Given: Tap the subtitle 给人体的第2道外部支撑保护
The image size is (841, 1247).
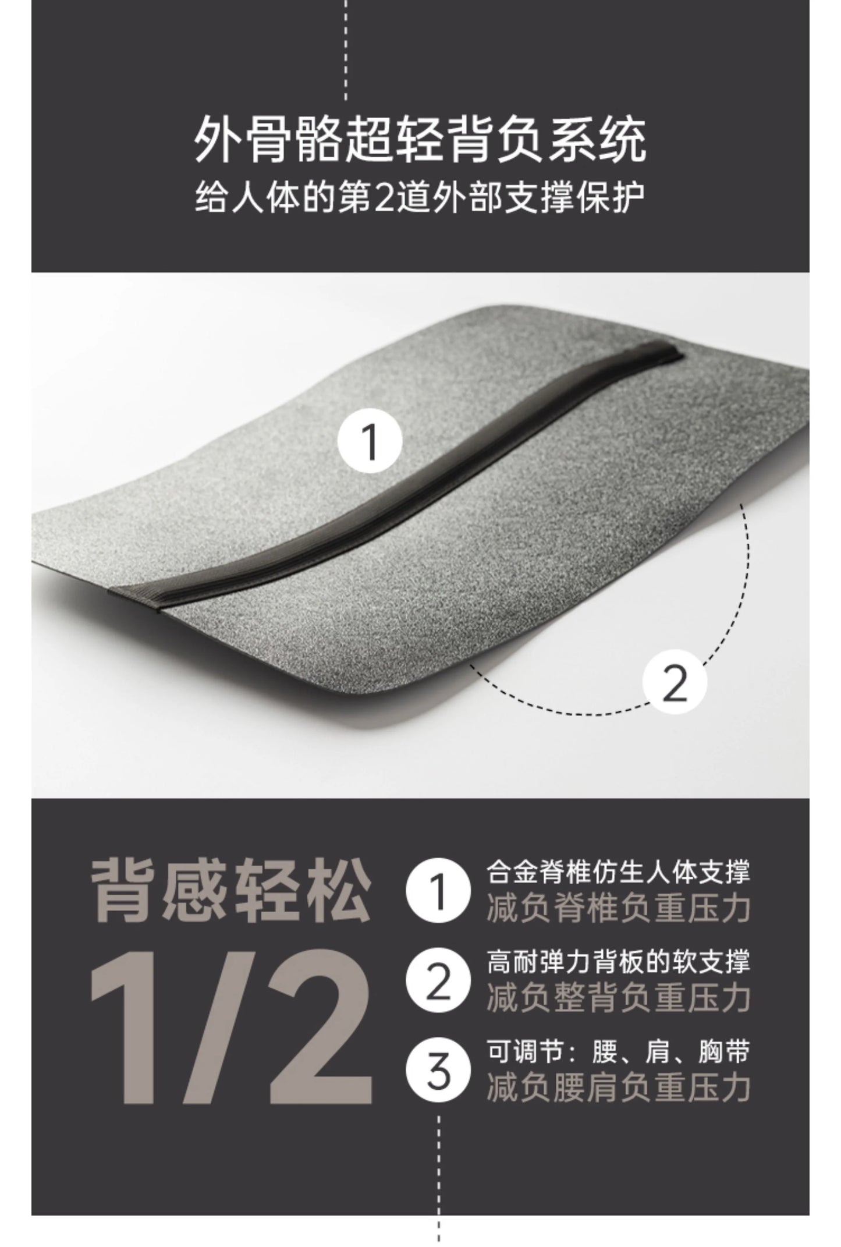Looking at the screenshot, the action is click(420, 198).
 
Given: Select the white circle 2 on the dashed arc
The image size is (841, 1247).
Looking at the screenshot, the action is click(675, 685).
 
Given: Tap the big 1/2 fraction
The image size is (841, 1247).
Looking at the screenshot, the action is click(231, 1034).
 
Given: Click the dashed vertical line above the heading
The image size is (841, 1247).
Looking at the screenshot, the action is click(346, 50).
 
